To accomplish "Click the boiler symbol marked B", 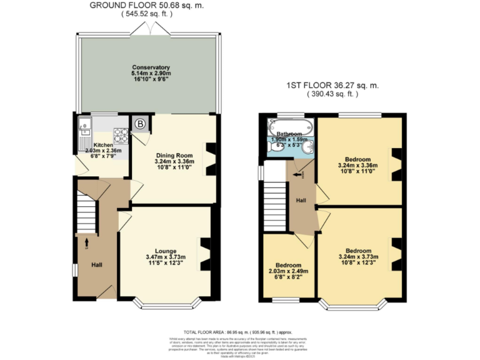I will click(140, 124).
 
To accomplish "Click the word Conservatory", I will click(151, 67).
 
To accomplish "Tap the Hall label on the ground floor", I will click(97, 265).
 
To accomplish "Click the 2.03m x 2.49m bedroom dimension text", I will click(288, 271).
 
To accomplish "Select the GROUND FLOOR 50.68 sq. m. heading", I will click(146, 6).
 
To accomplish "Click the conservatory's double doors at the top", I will click(151, 29).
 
